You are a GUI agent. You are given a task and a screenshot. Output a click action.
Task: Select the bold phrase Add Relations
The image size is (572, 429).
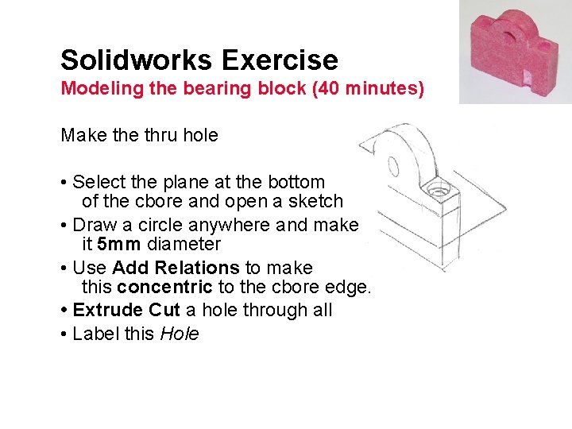(x=176, y=268)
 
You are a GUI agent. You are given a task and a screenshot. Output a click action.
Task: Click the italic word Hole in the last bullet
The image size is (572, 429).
(x=180, y=334)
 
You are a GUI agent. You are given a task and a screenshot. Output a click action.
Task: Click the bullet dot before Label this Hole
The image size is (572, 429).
(x=64, y=334)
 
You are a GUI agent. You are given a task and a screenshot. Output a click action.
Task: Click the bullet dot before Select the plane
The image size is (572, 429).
(x=64, y=182)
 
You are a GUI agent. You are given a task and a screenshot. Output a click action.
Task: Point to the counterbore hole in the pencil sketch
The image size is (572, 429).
(x=435, y=191)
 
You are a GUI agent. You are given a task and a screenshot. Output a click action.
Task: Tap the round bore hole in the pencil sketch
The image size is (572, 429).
(x=392, y=166)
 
